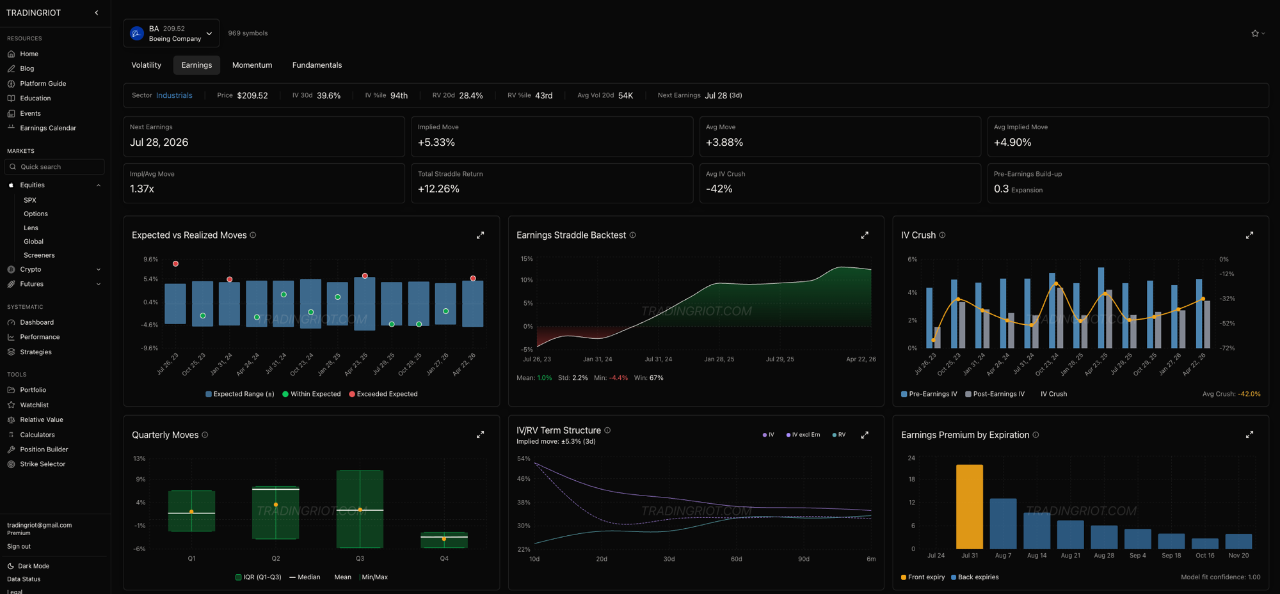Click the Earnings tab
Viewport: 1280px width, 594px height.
[196, 65]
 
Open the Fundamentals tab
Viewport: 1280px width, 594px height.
[317, 65]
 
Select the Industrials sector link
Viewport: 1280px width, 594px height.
[174, 95]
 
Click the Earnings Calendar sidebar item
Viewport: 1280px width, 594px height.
[48, 128]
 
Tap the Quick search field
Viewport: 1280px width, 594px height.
[54, 167]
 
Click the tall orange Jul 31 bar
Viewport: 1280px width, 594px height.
[970, 506]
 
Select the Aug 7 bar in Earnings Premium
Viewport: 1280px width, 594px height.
[1003, 524]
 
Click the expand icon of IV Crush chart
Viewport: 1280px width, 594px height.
[1249, 235]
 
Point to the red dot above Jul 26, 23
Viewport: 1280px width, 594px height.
[175, 263]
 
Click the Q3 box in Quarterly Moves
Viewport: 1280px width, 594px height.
[360, 509]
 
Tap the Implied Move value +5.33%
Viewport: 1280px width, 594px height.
[436, 143]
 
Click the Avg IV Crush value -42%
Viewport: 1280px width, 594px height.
[719, 189]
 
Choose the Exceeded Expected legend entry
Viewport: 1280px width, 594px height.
[383, 394]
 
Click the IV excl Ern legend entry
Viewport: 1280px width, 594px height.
[803, 435]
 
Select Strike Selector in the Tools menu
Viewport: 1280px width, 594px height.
[42, 464]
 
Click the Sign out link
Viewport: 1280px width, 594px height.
[19, 547]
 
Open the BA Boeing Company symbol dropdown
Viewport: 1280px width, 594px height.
[172, 33]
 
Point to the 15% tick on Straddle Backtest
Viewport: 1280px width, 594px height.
[527, 259]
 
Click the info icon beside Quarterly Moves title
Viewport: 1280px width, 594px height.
[205, 435]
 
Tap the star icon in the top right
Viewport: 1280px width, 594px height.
[1255, 33]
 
